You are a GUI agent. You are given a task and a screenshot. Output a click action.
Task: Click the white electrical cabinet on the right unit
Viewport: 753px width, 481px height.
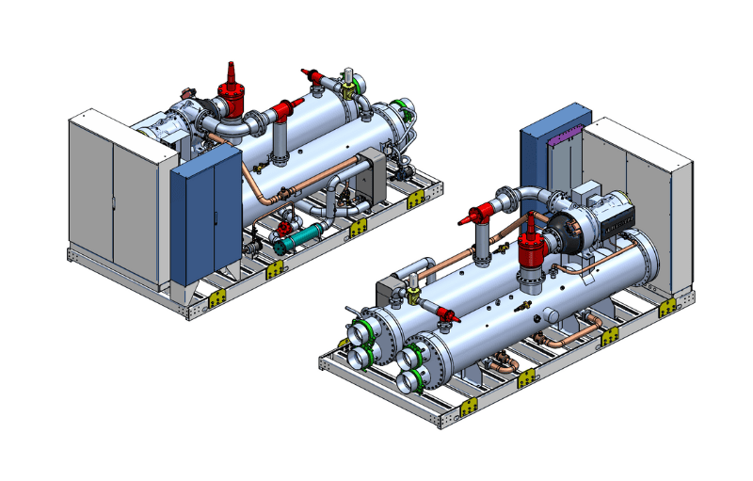[x=640, y=198]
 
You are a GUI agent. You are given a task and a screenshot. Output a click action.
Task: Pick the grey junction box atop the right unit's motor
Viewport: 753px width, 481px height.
[x=588, y=193]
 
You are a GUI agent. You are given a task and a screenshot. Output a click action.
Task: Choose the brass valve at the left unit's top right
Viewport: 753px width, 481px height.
[x=349, y=87]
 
